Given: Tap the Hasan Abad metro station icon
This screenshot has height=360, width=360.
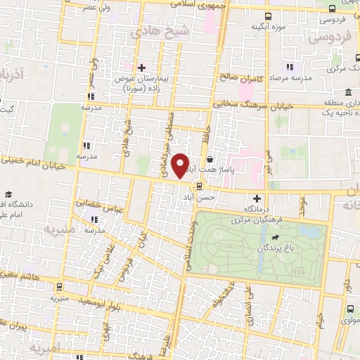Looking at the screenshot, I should [x=200, y=186].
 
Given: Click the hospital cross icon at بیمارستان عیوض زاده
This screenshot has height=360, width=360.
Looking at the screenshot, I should [x=142, y=67].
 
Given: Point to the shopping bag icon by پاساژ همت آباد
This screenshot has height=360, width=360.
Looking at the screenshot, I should [x=210, y=150].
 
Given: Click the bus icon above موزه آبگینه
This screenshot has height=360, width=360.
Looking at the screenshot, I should [x=268, y=17].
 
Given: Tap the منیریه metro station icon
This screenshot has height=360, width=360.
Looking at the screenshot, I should [x=58, y=288].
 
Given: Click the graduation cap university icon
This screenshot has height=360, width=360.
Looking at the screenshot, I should [x=9, y=195].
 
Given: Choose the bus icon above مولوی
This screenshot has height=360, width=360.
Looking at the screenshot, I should [x=349, y=309].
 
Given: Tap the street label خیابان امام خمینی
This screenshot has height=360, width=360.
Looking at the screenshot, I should [x=35, y=163].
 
